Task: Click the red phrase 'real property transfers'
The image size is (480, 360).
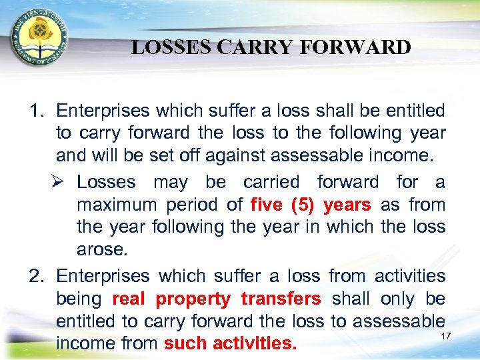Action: pos(217,299)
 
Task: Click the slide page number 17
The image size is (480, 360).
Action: pos(446,335)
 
